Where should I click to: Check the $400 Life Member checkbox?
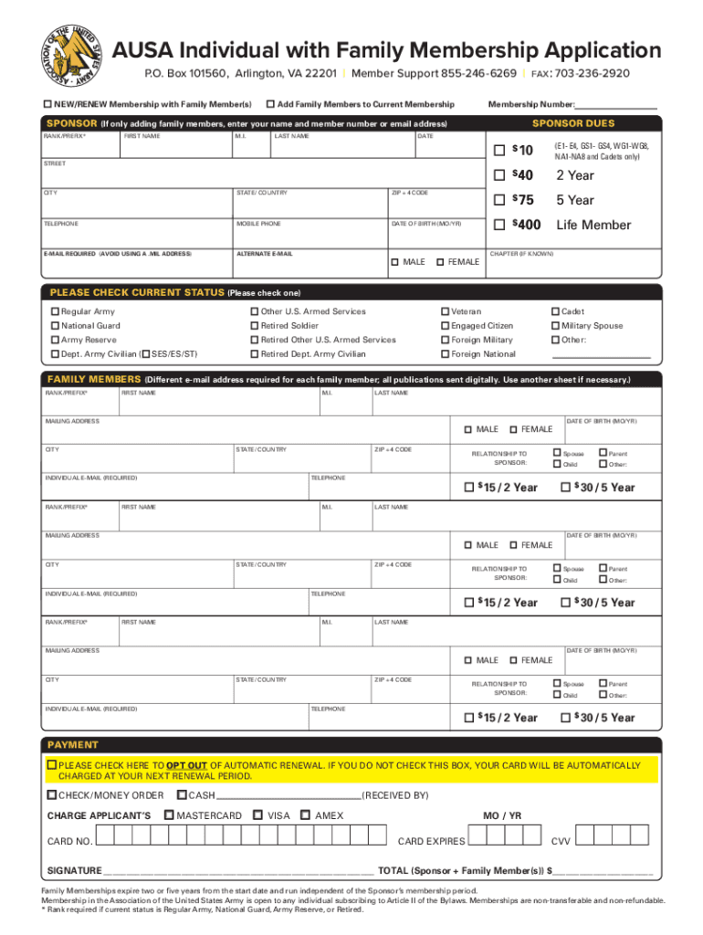tap(498, 225)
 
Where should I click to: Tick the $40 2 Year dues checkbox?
tap(498, 175)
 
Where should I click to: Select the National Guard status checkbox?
tap(55, 326)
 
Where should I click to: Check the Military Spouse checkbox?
tap(554, 326)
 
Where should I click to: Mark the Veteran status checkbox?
tap(445, 312)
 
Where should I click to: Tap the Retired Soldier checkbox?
tap(254, 326)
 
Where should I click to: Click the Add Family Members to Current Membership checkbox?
tap(270, 105)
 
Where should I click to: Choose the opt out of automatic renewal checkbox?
tap(53, 765)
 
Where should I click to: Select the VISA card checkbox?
tap(258, 815)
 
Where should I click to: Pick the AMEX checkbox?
tap(305, 815)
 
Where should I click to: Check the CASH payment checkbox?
tap(181, 795)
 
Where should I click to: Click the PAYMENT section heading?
tap(73, 745)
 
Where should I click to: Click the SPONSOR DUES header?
tap(573, 123)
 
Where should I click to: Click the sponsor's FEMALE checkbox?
tap(440, 262)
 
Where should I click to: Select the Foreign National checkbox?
tap(445, 354)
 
